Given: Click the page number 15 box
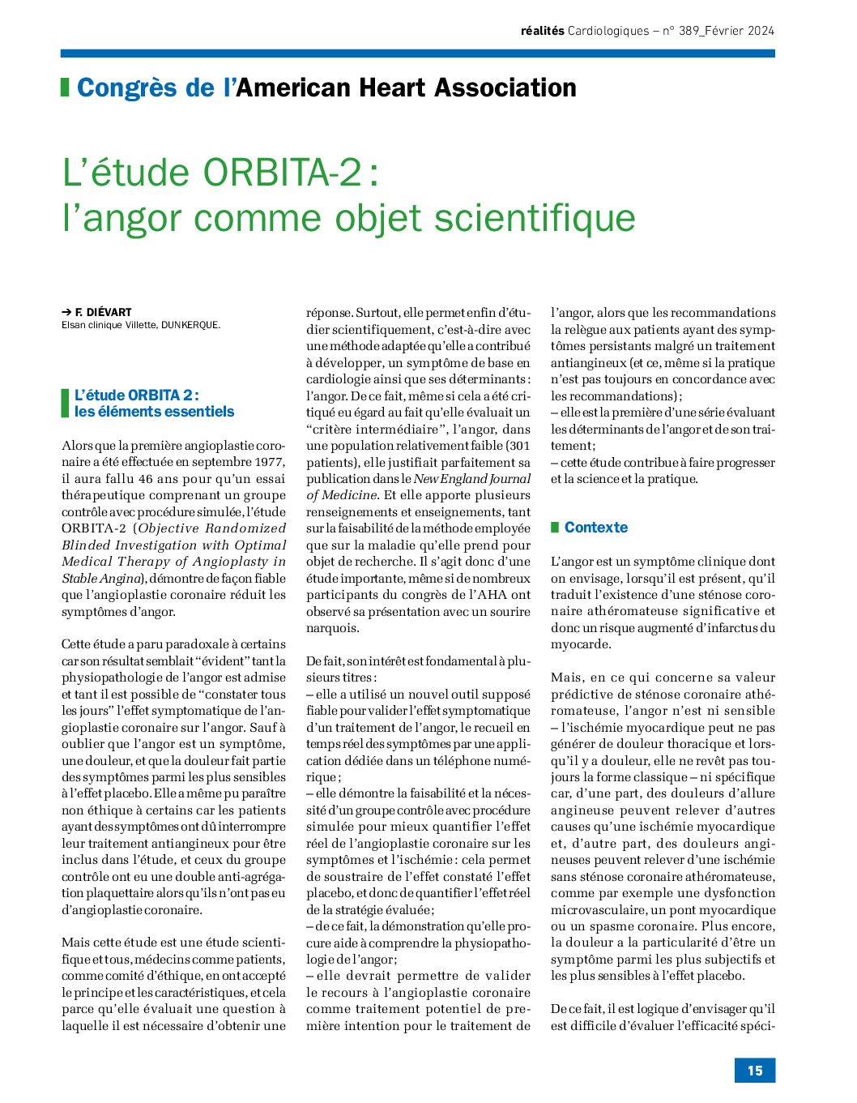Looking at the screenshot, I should pos(755,1071).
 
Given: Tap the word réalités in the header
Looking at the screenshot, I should pos(542,32).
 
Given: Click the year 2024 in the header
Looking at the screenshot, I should pos(760,32).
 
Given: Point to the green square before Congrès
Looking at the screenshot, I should pos(65,87).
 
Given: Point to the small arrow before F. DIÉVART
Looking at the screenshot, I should pos(66,312).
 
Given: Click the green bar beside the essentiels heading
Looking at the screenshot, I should pos(65,403).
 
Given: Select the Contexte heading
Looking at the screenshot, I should pos(596,528).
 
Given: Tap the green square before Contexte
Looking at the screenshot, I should pos(555,528).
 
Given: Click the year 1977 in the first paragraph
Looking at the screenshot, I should pos(268,462).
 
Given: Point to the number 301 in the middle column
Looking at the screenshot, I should pos(518,446).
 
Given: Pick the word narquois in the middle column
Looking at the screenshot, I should pos(333,628).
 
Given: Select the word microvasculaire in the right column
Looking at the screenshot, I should pos(594,909).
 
